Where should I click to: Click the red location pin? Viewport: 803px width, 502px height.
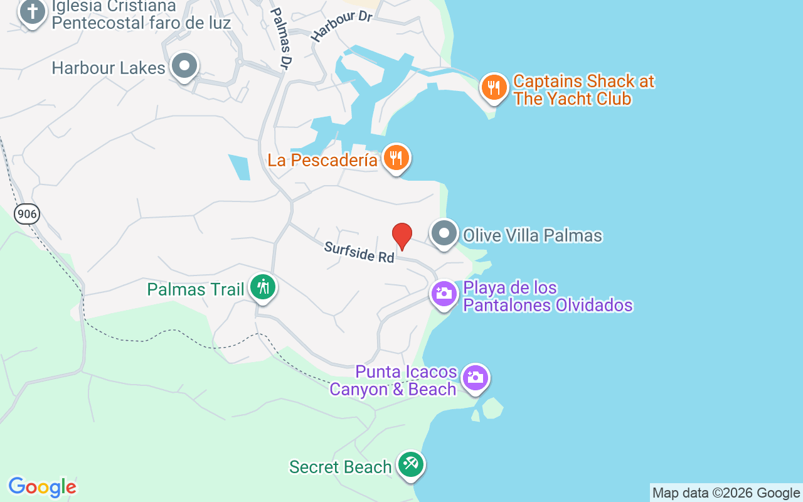pyautogui.click(x=402, y=236)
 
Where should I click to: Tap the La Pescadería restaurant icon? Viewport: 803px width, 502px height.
pyautogui.click(x=395, y=158)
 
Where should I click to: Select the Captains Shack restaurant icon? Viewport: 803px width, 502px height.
pyautogui.click(x=494, y=88)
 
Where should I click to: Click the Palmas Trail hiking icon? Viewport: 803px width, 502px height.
pyautogui.click(x=263, y=287)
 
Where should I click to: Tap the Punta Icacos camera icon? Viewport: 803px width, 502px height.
pyautogui.click(x=475, y=378)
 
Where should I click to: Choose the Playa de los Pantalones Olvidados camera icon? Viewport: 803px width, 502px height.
pyautogui.click(x=444, y=294)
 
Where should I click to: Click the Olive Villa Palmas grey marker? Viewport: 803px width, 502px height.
pyautogui.click(x=444, y=234)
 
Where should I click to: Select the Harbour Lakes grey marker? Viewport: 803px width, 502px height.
pyautogui.click(x=184, y=66)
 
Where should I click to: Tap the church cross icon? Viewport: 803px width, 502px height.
pyautogui.click(x=32, y=12)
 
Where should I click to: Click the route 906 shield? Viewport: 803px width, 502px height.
pyautogui.click(x=27, y=214)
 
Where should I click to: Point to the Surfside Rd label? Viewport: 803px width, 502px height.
pyautogui.click(x=359, y=252)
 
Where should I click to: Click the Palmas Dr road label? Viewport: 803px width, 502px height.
pyautogui.click(x=282, y=38)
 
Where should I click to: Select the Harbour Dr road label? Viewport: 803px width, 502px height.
pyautogui.click(x=341, y=26)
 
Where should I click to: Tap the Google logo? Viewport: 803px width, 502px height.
pyautogui.click(x=42, y=487)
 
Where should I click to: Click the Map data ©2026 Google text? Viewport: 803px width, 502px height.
pyautogui.click(x=726, y=493)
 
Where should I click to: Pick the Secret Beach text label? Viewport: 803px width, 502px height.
pyautogui.click(x=340, y=467)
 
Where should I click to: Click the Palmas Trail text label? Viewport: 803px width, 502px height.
pyautogui.click(x=195, y=289)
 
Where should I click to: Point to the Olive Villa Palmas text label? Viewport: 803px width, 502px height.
pyautogui.click(x=533, y=235)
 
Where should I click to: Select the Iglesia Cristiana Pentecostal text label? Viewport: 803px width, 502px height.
pyautogui.click(x=141, y=15)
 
